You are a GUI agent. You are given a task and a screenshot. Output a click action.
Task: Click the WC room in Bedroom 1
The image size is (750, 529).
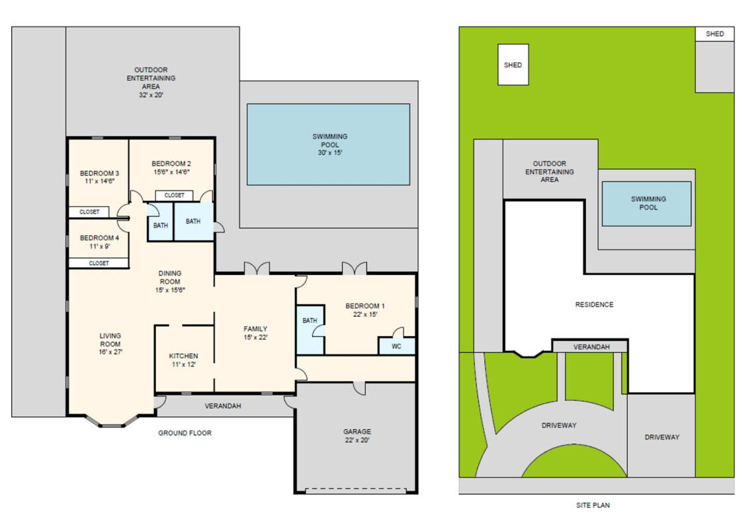click(396, 346)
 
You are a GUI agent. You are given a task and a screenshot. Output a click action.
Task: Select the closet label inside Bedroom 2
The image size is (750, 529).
click(174, 196)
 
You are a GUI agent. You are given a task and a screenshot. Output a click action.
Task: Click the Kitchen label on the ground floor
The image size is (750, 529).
click(183, 356)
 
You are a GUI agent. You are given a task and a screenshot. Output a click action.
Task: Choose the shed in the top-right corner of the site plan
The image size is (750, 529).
click(714, 34)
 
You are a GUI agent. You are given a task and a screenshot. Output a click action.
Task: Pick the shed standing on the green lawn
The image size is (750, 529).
click(513, 65)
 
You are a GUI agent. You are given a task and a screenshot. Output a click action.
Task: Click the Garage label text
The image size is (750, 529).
click(356, 432)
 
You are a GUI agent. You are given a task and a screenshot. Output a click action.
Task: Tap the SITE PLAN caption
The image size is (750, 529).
click(593, 505)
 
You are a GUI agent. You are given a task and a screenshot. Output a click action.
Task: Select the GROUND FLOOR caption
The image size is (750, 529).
click(185, 433)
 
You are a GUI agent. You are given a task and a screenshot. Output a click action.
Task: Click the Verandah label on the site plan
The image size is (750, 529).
click(590, 346)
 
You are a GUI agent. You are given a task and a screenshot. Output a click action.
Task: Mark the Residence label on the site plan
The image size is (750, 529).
click(594, 305)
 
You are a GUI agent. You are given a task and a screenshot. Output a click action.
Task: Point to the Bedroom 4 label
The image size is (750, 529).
click(99, 238)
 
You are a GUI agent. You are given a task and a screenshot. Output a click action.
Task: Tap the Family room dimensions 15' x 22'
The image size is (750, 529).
click(255, 337)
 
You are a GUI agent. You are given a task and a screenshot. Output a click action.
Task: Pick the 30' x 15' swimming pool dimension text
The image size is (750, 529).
click(329, 153)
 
